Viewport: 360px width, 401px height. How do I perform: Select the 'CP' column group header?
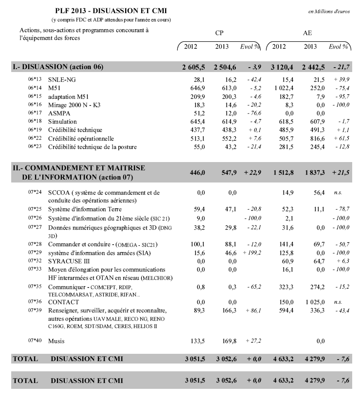click(219, 33)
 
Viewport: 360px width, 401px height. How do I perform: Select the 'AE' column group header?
click(307, 33)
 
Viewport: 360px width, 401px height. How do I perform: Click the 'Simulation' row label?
click(62, 121)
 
